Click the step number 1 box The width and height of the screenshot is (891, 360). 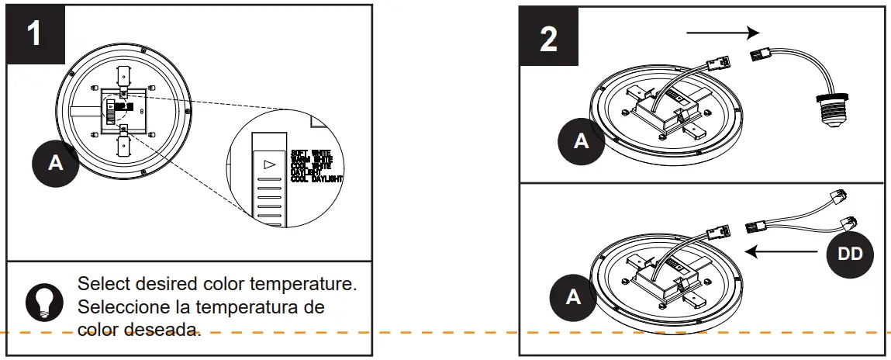point(36,35)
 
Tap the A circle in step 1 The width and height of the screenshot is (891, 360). point(55,163)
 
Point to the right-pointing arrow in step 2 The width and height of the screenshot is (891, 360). point(722,33)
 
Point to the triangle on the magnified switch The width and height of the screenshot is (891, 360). point(269,164)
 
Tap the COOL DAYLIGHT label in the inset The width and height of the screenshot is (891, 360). point(316,178)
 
